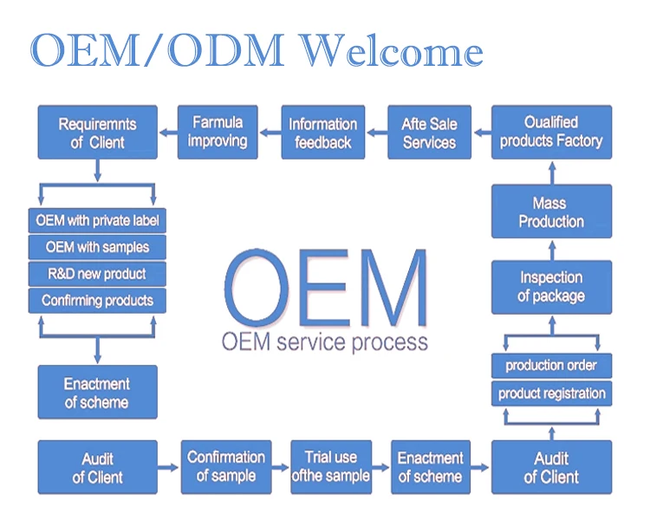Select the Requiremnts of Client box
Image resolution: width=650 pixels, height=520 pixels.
pos(97,133)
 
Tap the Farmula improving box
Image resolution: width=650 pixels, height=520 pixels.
pos(218,132)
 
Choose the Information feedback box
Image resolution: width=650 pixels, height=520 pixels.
pos(322,133)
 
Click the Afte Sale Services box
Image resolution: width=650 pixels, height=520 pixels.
pos(428,133)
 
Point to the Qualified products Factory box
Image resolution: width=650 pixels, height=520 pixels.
pos(551,132)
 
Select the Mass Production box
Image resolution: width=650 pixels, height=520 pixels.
pos(551,211)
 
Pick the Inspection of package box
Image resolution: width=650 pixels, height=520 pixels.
pos(551,287)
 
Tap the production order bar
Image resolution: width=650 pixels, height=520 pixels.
pos(551,365)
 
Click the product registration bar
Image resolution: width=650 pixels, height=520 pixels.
pos(551,393)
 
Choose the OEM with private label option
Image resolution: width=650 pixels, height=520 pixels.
pos(97,220)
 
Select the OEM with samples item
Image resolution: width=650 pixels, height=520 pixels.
pos(97,247)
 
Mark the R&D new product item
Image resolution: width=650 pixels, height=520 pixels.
pos(97,274)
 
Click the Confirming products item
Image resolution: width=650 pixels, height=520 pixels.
pos(97,301)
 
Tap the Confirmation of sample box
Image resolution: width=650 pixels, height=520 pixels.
pos(225,466)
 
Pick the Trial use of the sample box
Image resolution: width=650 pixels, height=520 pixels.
pos(330,466)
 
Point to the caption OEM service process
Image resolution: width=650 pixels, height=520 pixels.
pos(324,341)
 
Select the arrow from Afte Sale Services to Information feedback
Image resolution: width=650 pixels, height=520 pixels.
pos(376,133)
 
